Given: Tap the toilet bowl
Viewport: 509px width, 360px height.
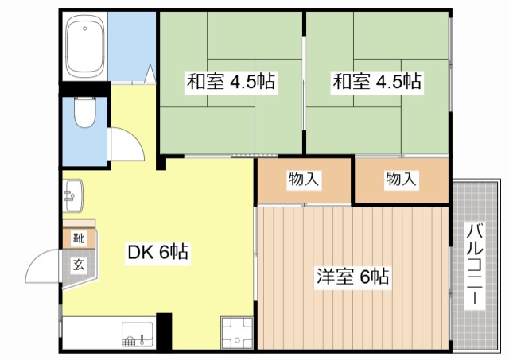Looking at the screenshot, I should tap(84, 113).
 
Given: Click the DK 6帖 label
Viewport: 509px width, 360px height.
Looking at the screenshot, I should tap(158, 253).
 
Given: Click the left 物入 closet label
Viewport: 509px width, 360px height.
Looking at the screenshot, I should tap(304, 180).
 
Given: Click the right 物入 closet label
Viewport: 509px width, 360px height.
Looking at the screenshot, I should tap(402, 180).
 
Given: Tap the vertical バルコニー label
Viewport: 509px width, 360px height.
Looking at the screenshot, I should tap(475, 265).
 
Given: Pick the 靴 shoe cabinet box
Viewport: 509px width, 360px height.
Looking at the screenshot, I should tap(79, 238).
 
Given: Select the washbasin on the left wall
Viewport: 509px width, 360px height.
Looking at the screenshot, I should tap(73, 195).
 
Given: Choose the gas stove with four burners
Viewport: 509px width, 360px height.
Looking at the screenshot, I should tap(237, 332).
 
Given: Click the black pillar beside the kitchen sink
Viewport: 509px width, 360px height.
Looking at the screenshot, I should tap(164, 331).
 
